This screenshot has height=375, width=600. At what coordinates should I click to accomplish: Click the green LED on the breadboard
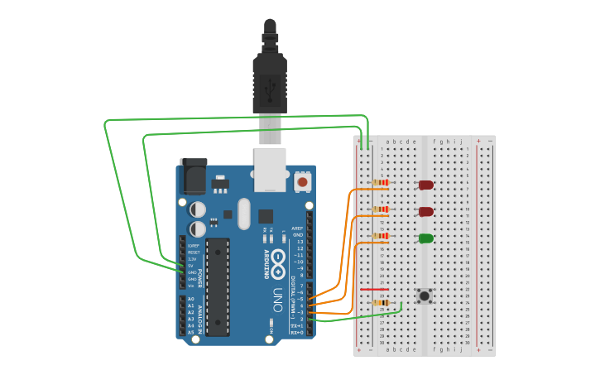click(426, 238)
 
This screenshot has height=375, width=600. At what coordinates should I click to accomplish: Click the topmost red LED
click(426, 185)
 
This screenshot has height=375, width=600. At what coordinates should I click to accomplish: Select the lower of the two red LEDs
click(426, 212)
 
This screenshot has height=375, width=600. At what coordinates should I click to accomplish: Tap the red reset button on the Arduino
click(302, 180)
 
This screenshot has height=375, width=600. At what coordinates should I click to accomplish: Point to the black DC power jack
click(192, 175)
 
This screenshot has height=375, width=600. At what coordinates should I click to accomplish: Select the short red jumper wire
click(374, 290)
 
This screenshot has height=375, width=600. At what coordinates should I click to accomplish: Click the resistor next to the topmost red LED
click(381, 182)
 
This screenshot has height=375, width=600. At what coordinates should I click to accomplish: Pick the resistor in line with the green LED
click(381, 236)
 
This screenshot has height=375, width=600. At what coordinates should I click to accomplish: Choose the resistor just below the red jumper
click(382, 303)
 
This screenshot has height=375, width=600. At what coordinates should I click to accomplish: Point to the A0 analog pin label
click(190, 299)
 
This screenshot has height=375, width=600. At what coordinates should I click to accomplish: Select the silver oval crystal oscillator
click(242, 214)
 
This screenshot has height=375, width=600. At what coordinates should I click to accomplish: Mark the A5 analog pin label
click(190, 332)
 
